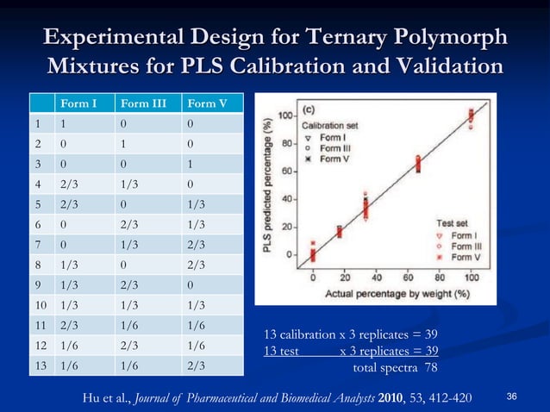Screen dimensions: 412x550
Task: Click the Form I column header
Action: tap(77, 105)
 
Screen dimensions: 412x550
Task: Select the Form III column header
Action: tap(147, 105)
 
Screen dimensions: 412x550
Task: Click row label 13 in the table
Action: tap(39, 365)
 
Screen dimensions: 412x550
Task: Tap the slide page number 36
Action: tap(511, 396)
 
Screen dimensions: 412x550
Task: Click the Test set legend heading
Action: tap(454, 222)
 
